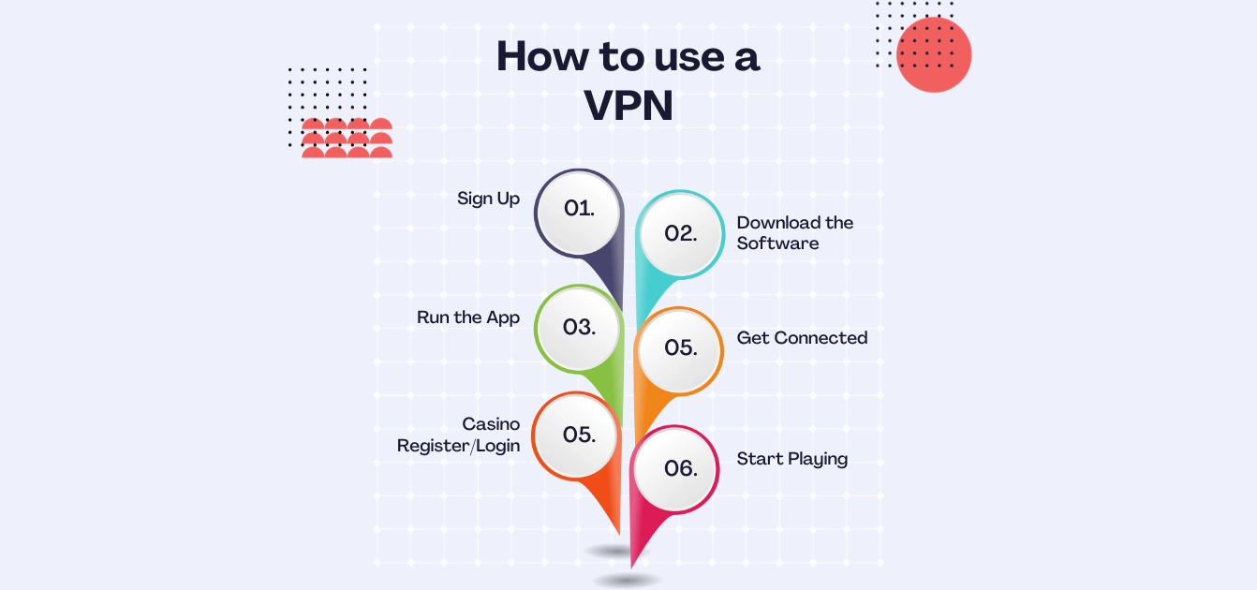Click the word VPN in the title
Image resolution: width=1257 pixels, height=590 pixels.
coord(628,106)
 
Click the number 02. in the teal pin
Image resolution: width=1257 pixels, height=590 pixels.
coord(681,234)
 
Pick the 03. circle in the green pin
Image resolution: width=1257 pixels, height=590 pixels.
coord(579,327)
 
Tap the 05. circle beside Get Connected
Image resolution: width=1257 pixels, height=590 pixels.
coord(681,347)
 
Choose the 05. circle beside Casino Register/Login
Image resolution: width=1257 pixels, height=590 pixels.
coord(579,435)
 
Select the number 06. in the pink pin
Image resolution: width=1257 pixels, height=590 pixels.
coord(681,468)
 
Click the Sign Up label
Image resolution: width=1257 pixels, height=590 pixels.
coord(488,199)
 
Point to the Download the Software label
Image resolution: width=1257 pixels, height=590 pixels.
coord(794,233)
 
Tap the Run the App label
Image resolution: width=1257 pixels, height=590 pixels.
coord(468,317)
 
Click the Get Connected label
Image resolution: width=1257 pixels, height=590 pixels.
coord(802,338)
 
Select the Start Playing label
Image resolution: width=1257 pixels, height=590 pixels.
coord(791,459)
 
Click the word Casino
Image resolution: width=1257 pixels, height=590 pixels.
coord(491,424)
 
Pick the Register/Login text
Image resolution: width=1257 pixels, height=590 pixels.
coord(458,446)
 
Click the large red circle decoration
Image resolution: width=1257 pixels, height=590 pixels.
coord(934,55)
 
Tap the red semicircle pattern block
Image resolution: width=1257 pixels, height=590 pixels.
coord(347,139)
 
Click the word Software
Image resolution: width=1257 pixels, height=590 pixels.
coord(777,243)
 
